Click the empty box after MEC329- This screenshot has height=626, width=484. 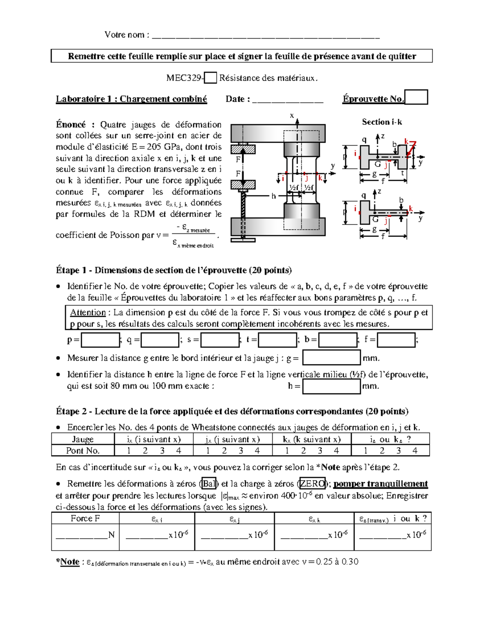pyautogui.click(x=211, y=78)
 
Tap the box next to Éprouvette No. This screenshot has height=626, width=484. pyautogui.click(x=416, y=97)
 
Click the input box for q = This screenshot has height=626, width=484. pyautogui.click(x=160, y=340)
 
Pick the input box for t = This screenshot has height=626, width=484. pyautogui.click(x=277, y=340)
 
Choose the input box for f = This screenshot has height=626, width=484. pyautogui.click(x=396, y=340)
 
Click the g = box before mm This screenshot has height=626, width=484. pyautogui.click(x=331, y=358)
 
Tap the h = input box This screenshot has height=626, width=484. pyautogui.click(x=331, y=386)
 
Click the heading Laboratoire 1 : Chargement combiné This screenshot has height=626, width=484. pyautogui.click(x=131, y=99)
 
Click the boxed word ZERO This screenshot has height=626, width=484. pyautogui.click(x=312, y=484)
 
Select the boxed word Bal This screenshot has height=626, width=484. pyautogui.click(x=209, y=484)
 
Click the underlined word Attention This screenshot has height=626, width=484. pyautogui.click(x=88, y=312)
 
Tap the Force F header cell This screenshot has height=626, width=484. pyautogui.click(x=85, y=518)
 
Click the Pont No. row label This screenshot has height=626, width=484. pyautogui.click(x=83, y=451)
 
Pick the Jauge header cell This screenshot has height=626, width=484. pyautogui.click(x=83, y=439)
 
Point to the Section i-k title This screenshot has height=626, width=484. pyautogui.click(x=382, y=122)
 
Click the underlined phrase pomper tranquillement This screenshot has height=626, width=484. pyautogui.click(x=380, y=484)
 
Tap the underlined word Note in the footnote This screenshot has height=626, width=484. pyautogui.click(x=69, y=562)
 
